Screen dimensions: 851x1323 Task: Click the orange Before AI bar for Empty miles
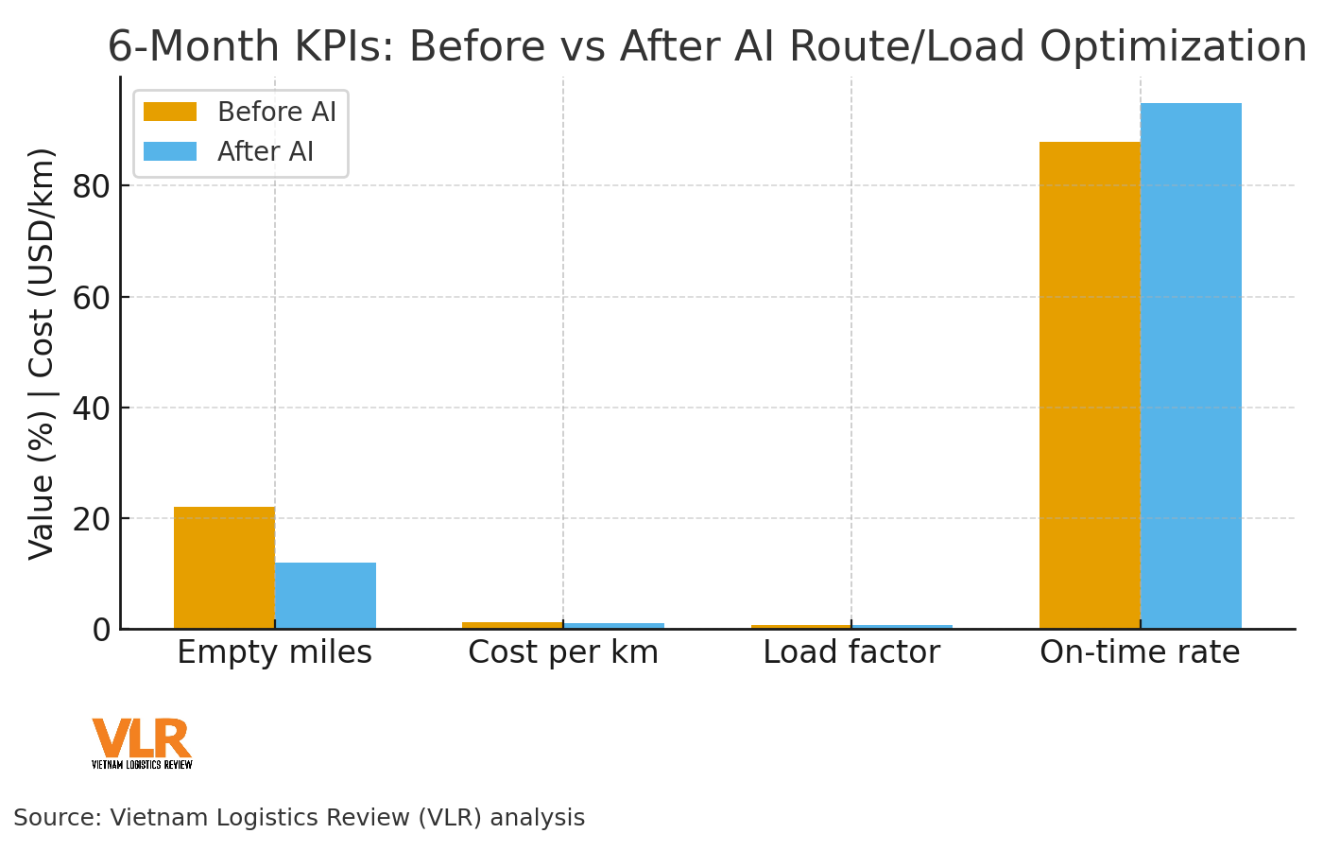224,567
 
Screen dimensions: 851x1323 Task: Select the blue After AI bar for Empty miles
325,596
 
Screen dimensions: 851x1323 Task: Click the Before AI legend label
277,113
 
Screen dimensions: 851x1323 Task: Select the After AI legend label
266,152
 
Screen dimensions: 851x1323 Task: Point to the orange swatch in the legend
170,113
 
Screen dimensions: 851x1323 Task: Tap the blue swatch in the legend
170,152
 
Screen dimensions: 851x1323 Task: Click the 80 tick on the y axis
92,186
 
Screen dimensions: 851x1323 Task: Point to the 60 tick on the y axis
92,297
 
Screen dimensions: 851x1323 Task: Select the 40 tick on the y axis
92,408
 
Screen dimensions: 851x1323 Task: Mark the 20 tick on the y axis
92,518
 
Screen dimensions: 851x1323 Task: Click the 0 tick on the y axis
101,629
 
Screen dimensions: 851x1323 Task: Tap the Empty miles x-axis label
274,652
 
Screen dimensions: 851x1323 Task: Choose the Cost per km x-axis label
563,652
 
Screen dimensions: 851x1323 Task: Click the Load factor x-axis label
851,652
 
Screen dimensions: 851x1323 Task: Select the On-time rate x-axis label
1140,652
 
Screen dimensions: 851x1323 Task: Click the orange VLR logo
142,739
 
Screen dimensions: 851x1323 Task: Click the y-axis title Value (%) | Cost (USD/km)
42,353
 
